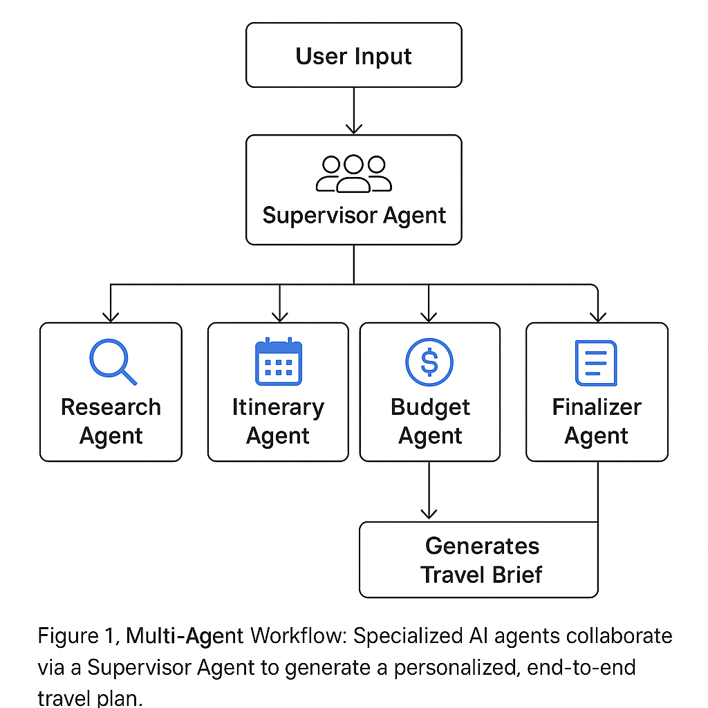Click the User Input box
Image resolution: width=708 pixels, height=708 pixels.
[x=353, y=55]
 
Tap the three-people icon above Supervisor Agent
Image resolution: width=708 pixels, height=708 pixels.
[x=353, y=173]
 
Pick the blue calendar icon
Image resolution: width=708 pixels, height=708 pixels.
[x=279, y=362]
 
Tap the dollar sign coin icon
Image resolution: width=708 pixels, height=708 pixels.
[x=429, y=362]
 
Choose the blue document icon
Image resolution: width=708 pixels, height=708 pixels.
[x=596, y=362]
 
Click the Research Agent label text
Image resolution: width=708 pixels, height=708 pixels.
[x=111, y=421]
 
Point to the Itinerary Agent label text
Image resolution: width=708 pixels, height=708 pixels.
[x=278, y=421]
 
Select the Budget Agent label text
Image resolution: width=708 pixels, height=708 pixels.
[x=430, y=421]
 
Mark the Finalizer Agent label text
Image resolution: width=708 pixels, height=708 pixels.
[x=597, y=421]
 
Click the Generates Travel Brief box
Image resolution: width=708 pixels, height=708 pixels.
[x=478, y=559]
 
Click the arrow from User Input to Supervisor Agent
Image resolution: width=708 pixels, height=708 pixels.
[x=353, y=111]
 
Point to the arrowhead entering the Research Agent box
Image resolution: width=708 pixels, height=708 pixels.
[x=110, y=315]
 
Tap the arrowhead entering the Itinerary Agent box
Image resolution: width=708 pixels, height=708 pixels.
[x=279, y=315]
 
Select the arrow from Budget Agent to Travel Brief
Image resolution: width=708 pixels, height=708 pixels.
[x=429, y=491]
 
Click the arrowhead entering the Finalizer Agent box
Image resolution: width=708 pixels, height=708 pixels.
[x=597, y=315]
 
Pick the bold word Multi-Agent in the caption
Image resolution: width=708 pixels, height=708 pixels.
[x=185, y=635]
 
